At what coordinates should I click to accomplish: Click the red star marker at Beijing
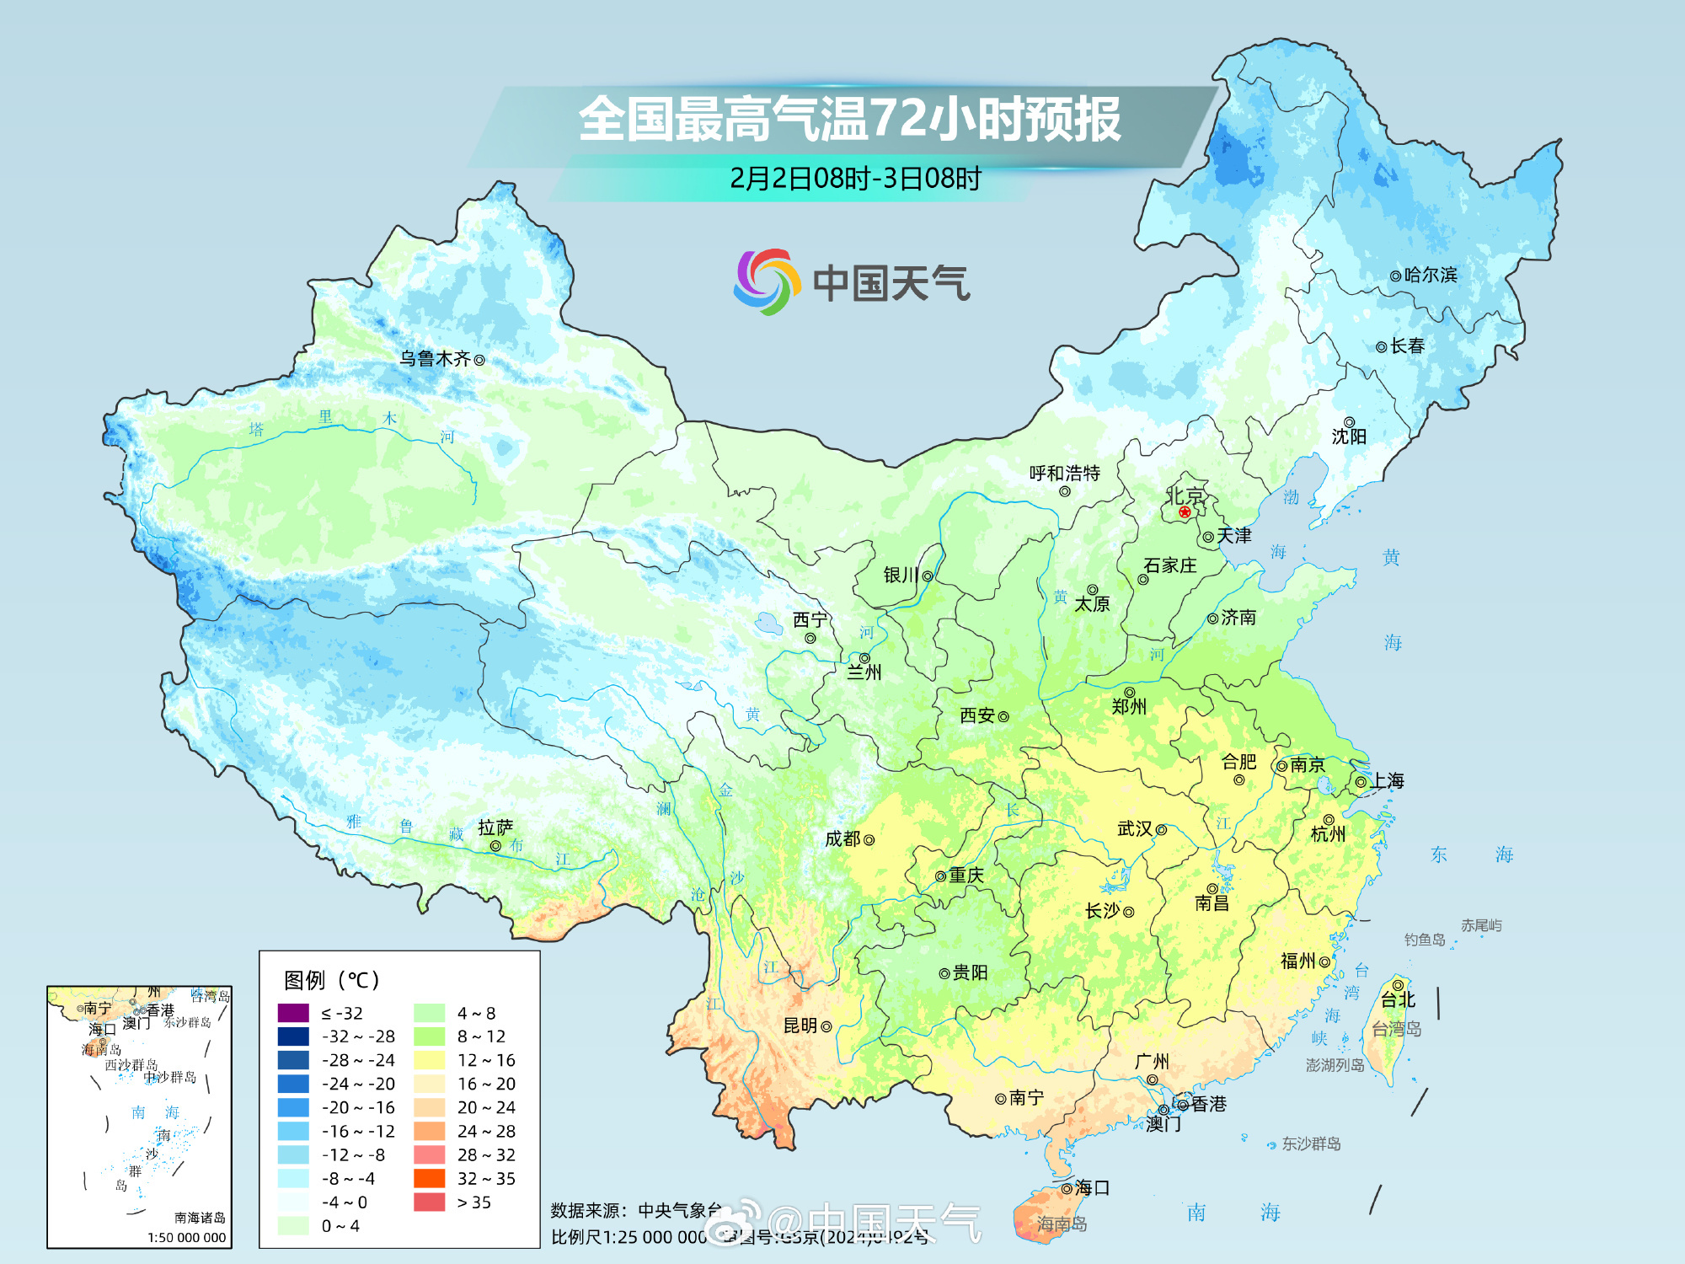click(1185, 511)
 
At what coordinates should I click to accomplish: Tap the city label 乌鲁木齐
click(435, 359)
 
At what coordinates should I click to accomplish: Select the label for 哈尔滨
click(1431, 275)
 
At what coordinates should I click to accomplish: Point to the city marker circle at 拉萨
click(495, 846)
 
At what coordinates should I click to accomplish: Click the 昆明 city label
click(800, 1026)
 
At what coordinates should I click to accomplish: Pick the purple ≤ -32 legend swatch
click(293, 1013)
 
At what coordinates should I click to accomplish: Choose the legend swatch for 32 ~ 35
click(429, 1178)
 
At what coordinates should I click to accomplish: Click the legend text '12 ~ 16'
click(486, 1060)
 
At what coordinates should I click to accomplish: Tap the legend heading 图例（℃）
click(332, 980)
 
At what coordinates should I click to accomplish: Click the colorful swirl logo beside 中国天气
click(766, 281)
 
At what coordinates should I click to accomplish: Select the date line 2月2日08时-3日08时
click(855, 179)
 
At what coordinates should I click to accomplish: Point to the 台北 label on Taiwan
click(1398, 1000)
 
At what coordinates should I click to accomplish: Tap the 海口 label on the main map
click(1093, 1188)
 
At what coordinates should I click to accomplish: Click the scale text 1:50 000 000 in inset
click(186, 1237)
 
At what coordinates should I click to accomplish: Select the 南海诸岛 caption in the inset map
click(200, 1218)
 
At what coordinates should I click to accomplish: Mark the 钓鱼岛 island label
click(1425, 940)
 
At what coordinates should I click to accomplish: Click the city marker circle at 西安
click(1003, 716)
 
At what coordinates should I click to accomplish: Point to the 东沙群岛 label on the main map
click(1311, 1143)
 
